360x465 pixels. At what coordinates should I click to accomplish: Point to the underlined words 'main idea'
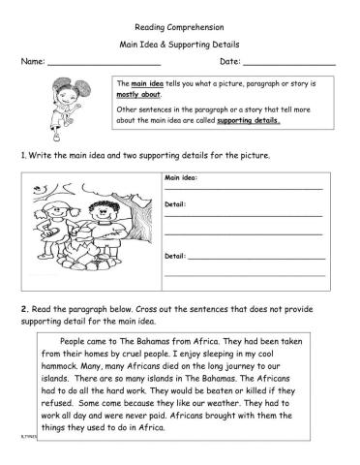[145, 85]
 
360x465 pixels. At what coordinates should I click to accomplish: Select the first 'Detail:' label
[175, 204]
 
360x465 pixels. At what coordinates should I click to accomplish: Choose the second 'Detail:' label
[175, 256]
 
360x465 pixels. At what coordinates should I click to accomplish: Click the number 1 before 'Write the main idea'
[21, 155]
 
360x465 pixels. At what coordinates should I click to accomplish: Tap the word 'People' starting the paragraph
[76, 342]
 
